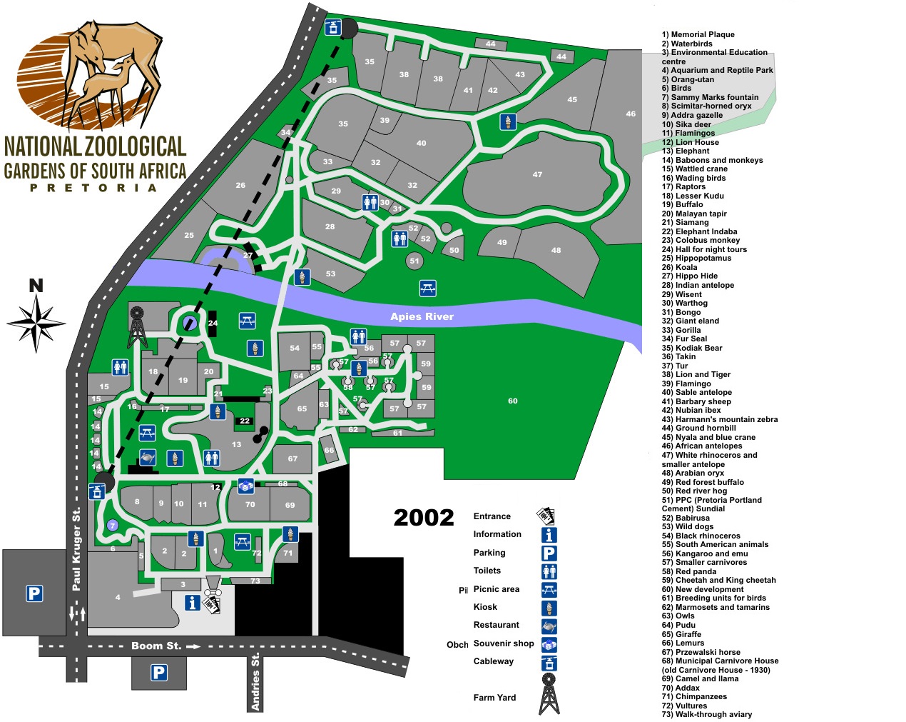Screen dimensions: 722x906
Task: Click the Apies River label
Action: pyautogui.click(x=422, y=316)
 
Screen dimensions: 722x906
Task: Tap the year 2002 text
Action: pyautogui.click(x=424, y=517)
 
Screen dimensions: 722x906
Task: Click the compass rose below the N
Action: pyautogui.click(x=36, y=323)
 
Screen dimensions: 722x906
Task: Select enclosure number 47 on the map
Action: pyautogui.click(x=537, y=174)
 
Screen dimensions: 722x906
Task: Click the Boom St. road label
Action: pyautogui.click(x=156, y=646)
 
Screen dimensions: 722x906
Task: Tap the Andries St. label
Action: pyautogui.click(x=255, y=682)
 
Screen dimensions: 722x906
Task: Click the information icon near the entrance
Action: pyautogui.click(x=192, y=603)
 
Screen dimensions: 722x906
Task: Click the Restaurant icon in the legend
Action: pyautogui.click(x=549, y=626)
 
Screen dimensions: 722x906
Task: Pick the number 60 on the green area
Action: pyautogui.click(x=512, y=401)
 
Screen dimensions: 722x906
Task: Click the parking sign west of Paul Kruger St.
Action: pyautogui.click(x=34, y=593)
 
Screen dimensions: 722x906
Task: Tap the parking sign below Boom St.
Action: pyautogui.click(x=158, y=672)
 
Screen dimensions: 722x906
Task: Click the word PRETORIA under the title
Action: pyautogui.click(x=93, y=188)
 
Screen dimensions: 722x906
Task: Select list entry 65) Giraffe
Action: pyautogui.click(x=681, y=634)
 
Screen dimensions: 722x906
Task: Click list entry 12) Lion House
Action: pyautogui.click(x=690, y=142)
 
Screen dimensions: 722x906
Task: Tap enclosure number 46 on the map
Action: pyautogui.click(x=631, y=114)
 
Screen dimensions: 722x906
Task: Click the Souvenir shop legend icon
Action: pyautogui.click(x=549, y=644)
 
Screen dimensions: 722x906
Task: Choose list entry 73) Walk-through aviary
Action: pyautogui.click(x=706, y=714)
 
